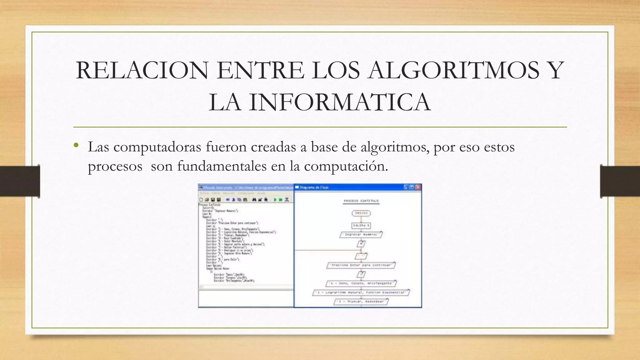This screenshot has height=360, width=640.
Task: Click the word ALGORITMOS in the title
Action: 454,70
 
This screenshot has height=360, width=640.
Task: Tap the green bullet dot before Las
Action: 76,145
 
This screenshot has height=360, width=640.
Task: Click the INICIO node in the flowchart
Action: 361,213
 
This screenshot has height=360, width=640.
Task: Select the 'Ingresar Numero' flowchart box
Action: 361,234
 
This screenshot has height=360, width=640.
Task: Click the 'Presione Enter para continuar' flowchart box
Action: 361,265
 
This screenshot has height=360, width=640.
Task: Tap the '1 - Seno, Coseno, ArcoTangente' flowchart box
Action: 361,283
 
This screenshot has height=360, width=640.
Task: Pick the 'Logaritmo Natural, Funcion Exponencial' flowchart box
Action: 361,292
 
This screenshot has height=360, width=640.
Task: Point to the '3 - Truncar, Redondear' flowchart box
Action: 361,302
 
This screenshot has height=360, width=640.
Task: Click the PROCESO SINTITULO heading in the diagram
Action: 361,201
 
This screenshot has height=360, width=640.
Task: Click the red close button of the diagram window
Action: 418,187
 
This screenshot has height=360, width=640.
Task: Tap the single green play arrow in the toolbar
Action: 275,200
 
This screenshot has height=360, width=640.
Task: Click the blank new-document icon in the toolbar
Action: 201,200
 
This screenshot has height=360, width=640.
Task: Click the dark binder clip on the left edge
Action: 20,181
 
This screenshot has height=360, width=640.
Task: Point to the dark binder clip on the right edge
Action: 620,181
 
